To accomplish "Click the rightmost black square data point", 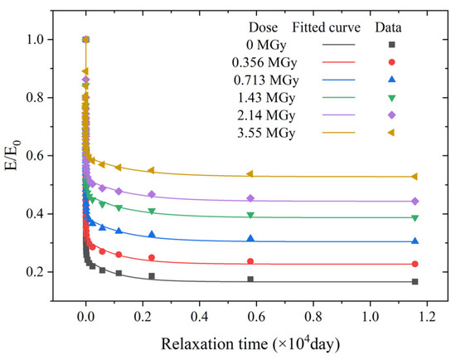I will point(415,282).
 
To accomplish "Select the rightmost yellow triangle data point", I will point(415,177).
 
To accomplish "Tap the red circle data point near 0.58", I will point(250,261).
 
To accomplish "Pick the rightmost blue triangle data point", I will point(415,241).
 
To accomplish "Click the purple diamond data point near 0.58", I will point(250,198).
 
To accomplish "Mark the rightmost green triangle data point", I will point(415,217).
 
